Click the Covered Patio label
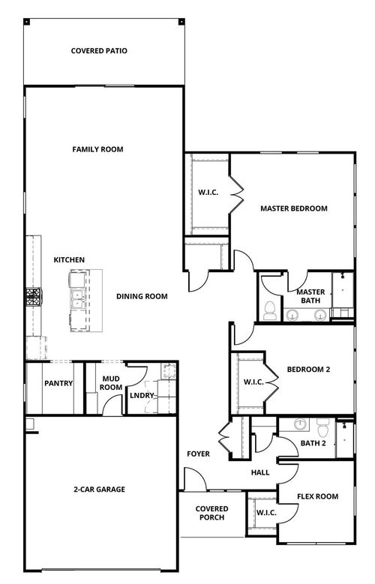(99, 51)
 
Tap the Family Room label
(97, 149)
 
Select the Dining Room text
(142, 296)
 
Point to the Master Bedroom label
(294, 208)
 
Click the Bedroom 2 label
(308, 369)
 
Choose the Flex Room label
(317, 496)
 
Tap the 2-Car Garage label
(100, 490)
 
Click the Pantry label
(58, 383)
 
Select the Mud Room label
(111, 382)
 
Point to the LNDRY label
(142, 395)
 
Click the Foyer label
(198, 454)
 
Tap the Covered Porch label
(211, 514)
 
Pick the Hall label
(259, 472)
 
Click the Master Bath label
(310, 296)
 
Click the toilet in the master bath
(270, 310)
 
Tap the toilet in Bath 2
(322, 427)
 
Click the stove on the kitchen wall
(33, 298)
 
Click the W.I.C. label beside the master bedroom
(208, 193)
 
